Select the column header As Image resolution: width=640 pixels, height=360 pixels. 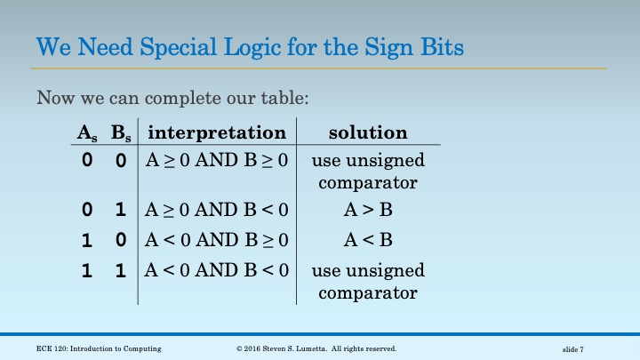[x=87, y=133]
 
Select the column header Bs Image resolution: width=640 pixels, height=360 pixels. [x=120, y=133]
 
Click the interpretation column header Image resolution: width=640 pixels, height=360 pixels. [x=217, y=132]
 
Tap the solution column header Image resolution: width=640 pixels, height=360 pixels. [x=368, y=132]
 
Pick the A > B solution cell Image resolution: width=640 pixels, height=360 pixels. [x=367, y=211]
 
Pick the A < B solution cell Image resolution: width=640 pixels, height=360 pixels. [x=367, y=240]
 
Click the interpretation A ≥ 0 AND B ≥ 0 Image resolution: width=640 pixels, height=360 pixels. [x=217, y=162]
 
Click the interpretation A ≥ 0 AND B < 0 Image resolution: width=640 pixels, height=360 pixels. [x=217, y=211]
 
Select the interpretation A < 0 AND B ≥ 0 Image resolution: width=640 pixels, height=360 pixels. [x=217, y=240]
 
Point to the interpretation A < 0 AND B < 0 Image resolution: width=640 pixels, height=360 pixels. [x=217, y=270]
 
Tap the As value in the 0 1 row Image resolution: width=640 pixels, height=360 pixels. [x=87, y=212]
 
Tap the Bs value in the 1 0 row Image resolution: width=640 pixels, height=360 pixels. [x=120, y=241]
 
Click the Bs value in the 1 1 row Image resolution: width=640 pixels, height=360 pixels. [x=120, y=271]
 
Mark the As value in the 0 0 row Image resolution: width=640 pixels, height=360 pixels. [x=87, y=163]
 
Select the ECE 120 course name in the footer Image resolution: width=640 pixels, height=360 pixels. [x=99, y=348]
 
